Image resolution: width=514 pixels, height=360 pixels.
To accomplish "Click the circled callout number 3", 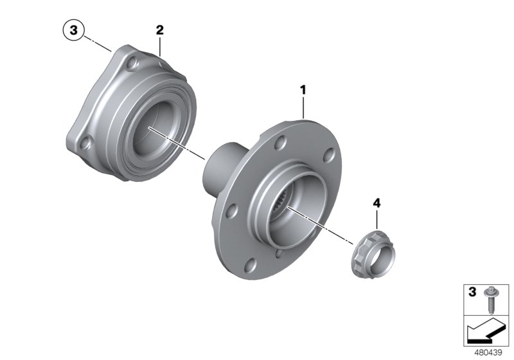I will point(73,30).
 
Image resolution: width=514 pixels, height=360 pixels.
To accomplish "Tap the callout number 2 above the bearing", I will point(159,30).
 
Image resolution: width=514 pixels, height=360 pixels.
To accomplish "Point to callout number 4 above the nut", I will point(377,203).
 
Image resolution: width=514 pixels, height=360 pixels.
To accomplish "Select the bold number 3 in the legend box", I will point(472,292).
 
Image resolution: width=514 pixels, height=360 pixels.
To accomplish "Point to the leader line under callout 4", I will point(377,219).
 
